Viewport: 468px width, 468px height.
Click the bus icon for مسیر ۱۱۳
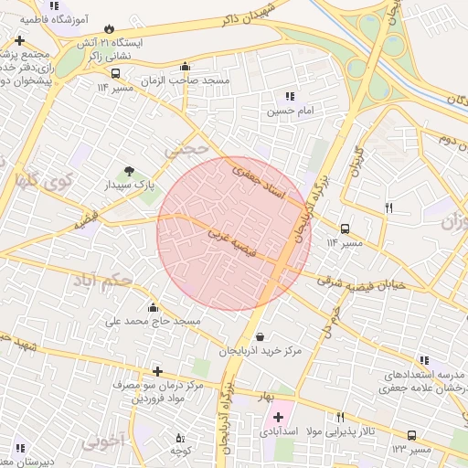tap(345, 229)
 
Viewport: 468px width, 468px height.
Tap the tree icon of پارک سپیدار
tap(128, 170)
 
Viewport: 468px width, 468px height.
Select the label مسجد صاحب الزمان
tap(193, 80)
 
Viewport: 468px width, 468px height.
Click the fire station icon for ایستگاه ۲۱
tap(112, 29)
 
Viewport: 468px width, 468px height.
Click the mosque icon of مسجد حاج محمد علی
tap(152, 307)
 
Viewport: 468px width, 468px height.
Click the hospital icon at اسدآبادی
tap(278, 417)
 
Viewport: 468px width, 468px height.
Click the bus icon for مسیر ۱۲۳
tap(411, 436)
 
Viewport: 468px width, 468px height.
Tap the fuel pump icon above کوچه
tap(179, 437)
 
